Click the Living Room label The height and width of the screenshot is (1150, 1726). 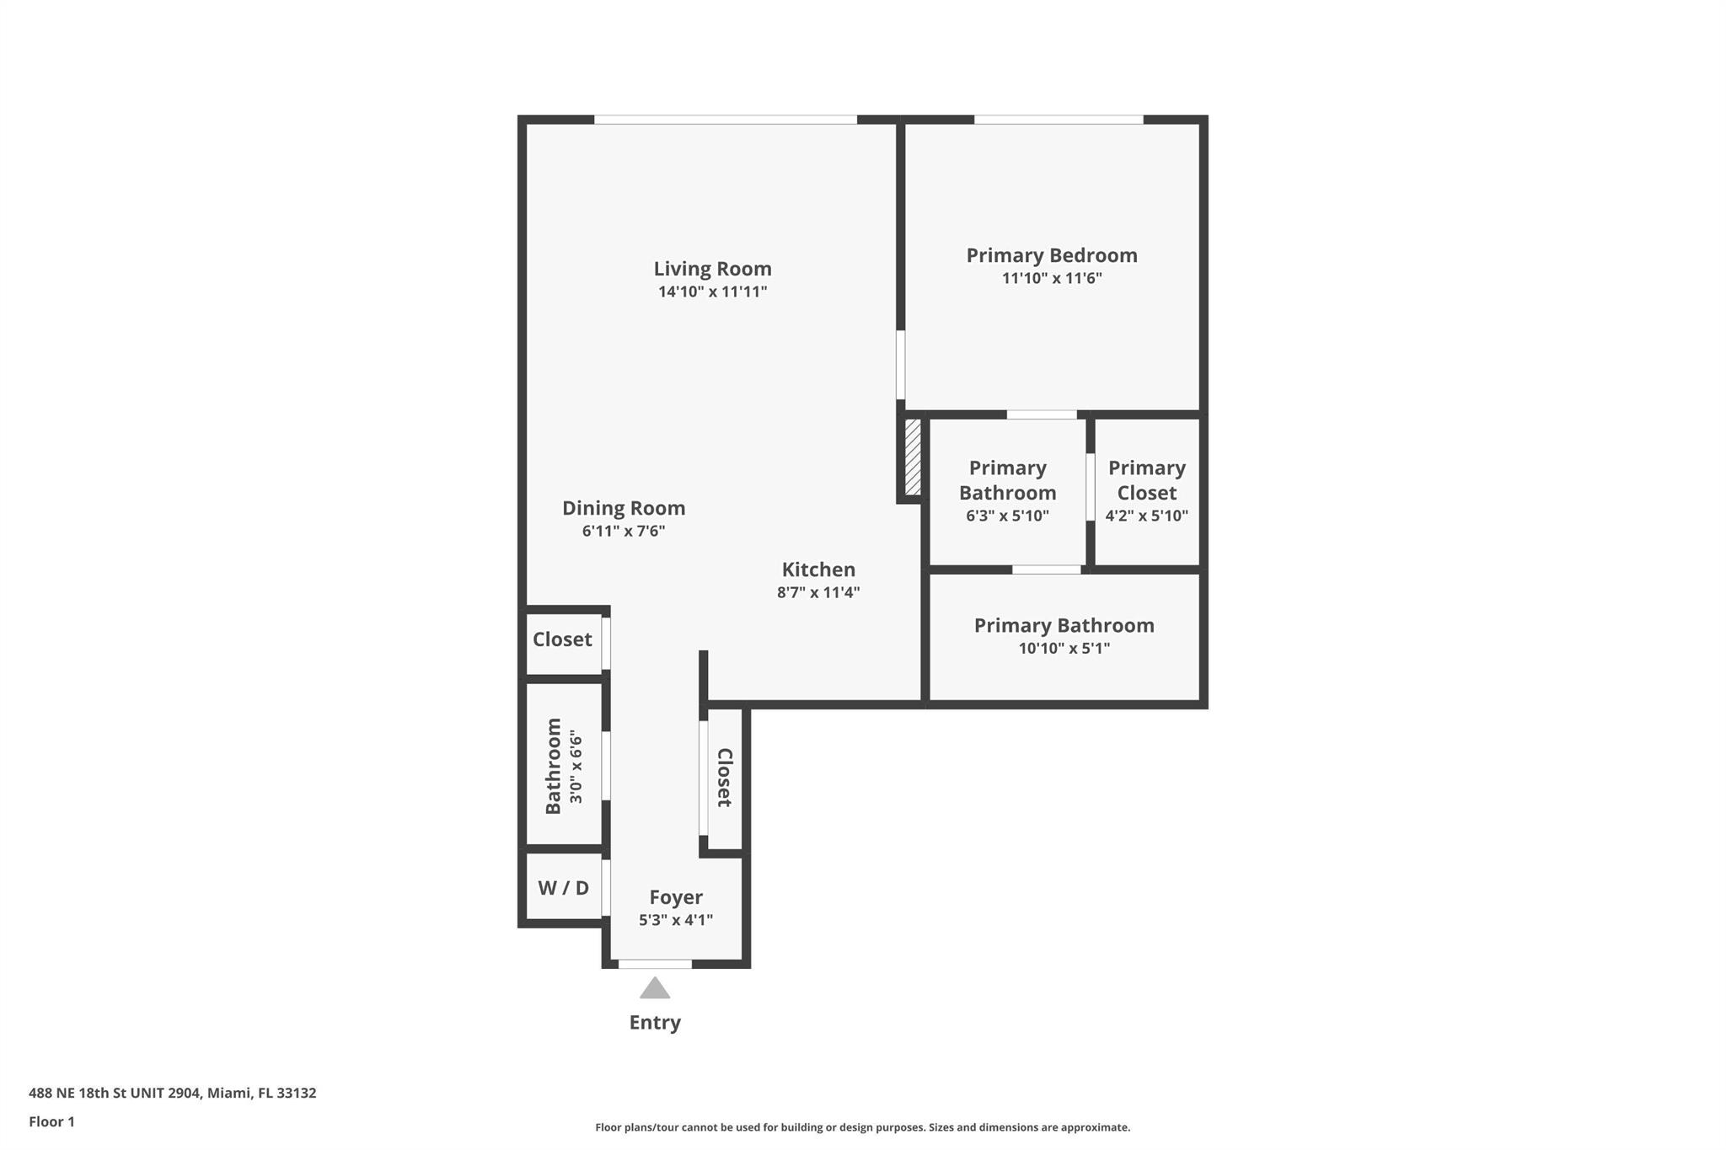coord(712,270)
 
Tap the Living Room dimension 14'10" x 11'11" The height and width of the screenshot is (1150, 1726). coord(712,292)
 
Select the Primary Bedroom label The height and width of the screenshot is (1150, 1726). coord(1052,255)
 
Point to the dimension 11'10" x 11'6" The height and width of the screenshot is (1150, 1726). coord(1052,278)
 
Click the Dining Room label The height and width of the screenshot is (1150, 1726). coord(624,508)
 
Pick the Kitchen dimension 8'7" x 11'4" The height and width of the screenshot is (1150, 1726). coord(818,592)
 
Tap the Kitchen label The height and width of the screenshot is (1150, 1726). coord(818,570)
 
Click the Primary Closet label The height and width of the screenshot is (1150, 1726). coord(1147,480)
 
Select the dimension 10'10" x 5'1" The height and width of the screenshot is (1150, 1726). coord(1064,649)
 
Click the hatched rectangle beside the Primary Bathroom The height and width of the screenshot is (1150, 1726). coord(913,457)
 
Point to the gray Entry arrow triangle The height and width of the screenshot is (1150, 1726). coord(655,988)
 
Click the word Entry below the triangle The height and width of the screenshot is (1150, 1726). coord(655,1023)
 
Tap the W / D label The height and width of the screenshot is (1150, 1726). coord(563,887)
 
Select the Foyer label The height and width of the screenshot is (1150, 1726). coord(676,897)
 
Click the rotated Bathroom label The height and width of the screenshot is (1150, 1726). coord(554,766)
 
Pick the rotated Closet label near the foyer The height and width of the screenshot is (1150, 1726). coord(724,778)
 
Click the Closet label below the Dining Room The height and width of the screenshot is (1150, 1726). coord(562,639)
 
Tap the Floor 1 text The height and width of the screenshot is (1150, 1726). coord(51,1121)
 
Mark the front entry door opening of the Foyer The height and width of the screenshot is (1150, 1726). coord(655,964)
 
